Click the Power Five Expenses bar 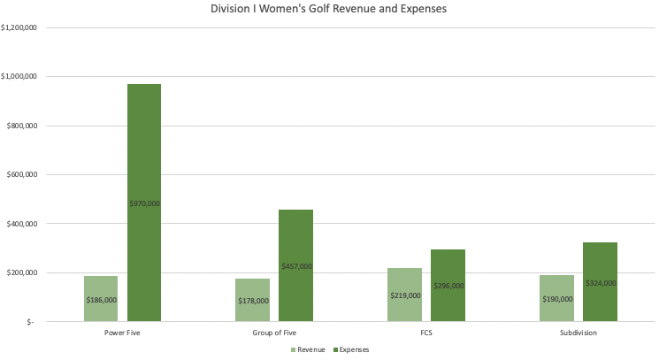pos(144,159)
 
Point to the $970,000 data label pos(144,203)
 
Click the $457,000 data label pos(296,266)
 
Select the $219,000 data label pos(405,295)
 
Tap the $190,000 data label pos(557,299)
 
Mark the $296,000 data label pos(448,286)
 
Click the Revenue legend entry pos(309,349)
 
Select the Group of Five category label pos(274,334)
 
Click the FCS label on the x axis pos(426,334)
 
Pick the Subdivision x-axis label pos(579,334)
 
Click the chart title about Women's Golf pos(329,10)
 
